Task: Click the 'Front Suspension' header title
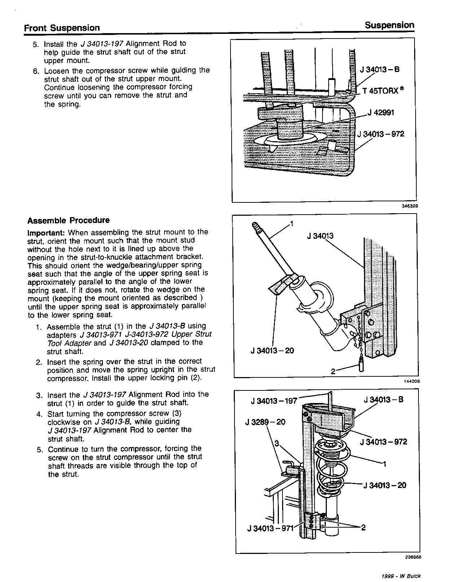coord(62,28)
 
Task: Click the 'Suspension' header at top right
coord(389,25)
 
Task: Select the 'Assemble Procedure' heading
coord(69,220)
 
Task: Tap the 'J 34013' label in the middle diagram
coord(320,236)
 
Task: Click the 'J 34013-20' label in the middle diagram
coord(272,350)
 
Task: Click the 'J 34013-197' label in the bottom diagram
coord(274,401)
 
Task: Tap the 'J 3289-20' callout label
coord(265,422)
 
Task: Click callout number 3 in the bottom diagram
coord(277,444)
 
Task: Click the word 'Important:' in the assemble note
coord(46,232)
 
